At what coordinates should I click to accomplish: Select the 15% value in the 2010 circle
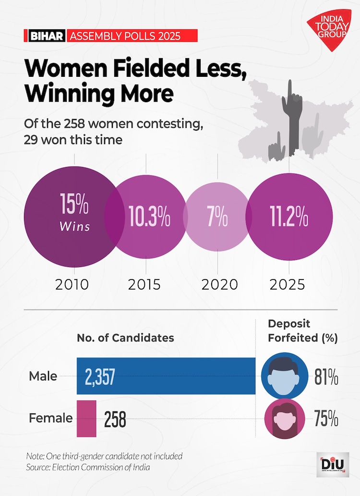click(74, 204)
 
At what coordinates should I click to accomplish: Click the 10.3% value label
click(149, 218)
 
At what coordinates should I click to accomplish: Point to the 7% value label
click(217, 218)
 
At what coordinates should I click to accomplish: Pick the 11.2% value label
click(288, 218)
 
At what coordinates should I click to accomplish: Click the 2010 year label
click(72, 284)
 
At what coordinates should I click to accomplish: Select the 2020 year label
click(219, 284)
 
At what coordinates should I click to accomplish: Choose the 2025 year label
click(287, 284)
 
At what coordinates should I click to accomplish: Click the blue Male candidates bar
click(166, 376)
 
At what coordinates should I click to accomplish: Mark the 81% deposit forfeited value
click(327, 378)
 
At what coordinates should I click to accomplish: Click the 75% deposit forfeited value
click(327, 419)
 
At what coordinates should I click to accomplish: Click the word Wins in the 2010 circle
click(74, 226)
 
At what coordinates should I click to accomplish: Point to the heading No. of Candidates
click(125, 338)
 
